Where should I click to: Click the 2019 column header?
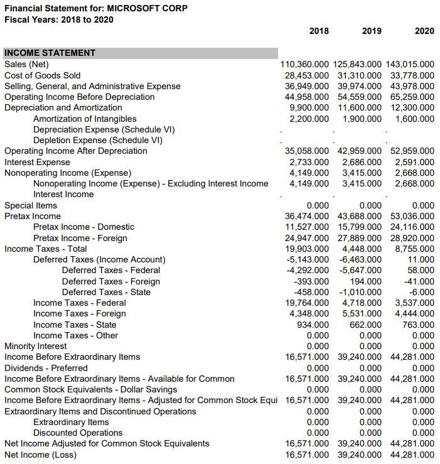pos(372,31)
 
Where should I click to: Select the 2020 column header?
pos(424,31)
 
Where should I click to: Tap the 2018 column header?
pos(319,31)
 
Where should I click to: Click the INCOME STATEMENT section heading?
pos(50,53)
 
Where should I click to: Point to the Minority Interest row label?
pos(36,346)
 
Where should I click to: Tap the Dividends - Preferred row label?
pos(46,368)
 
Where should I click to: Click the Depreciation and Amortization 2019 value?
pos(360,107)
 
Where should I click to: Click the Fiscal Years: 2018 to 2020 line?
pos(59,19)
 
